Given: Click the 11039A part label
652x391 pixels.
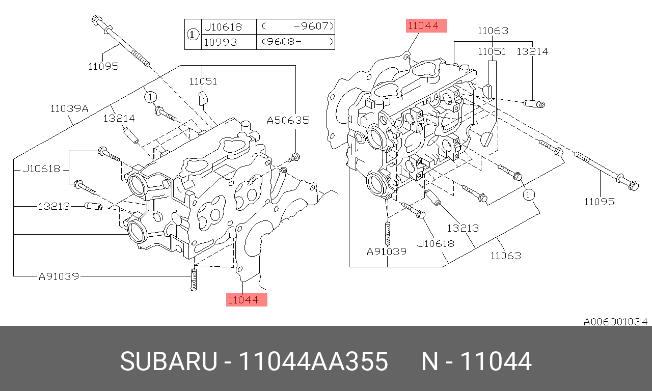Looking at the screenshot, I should [69, 108].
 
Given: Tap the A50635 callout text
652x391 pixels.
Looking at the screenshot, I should [288, 120].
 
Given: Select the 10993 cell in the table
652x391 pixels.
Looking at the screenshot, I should [221, 42].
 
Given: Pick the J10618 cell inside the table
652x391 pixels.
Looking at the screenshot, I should [223, 26].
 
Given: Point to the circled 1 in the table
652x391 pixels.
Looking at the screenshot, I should [192, 35].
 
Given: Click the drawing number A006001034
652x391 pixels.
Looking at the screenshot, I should [615, 322].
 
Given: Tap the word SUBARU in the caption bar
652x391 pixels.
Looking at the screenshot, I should [168, 362].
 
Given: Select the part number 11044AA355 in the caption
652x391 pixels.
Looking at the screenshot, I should [313, 362].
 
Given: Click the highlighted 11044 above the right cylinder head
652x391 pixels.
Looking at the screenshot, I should [426, 26].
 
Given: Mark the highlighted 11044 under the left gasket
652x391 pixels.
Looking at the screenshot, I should [247, 299].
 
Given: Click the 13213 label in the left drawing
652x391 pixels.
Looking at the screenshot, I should [55, 207].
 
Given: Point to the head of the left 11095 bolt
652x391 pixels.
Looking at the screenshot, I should [97, 20].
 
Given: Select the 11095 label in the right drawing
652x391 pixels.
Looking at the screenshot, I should [599, 202].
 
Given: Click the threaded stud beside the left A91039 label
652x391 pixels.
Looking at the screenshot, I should [194, 280].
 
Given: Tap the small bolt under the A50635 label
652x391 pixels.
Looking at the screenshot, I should [296, 156].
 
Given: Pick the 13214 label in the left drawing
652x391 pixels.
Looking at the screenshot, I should [119, 118].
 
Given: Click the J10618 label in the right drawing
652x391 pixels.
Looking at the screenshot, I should [436, 243].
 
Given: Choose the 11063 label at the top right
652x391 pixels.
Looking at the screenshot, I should [493, 31].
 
